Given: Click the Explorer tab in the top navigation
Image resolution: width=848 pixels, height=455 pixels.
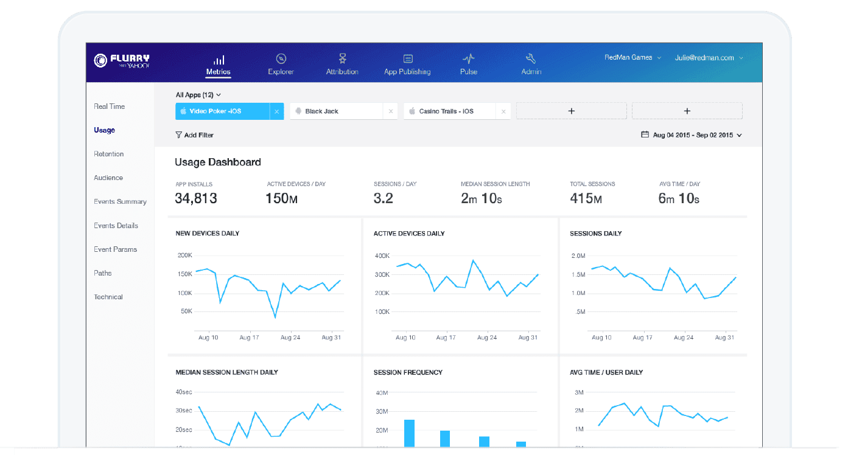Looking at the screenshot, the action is pyautogui.click(x=281, y=64).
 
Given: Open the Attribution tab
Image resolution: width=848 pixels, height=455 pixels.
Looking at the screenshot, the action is pyautogui.click(x=342, y=64).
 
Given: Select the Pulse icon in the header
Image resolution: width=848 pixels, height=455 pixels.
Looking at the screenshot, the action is pyautogui.click(x=468, y=58).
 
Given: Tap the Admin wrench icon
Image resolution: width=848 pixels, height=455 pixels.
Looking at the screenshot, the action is pyautogui.click(x=531, y=58).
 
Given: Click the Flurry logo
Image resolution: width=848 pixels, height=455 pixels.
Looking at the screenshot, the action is pyautogui.click(x=122, y=60).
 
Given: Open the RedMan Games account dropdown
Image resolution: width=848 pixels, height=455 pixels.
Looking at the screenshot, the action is pyautogui.click(x=632, y=58).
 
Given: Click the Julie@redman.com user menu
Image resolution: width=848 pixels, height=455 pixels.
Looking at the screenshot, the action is pyautogui.click(x=709, y=58).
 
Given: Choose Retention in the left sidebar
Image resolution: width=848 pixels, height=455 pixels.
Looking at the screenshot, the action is pyautogui.click(x=108, y=154).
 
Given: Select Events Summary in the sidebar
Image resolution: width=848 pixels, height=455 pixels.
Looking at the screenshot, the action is pyautogui.click(x=120, y=201).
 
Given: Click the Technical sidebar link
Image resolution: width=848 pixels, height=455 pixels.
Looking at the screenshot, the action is pyautogui.click(x=108, y=297).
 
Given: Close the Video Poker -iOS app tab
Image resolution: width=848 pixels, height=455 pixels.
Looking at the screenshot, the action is pyautogui.click(x=277, y=111).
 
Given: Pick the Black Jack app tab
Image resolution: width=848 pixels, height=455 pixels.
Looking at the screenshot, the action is pyautogui.click(x=337, y=111).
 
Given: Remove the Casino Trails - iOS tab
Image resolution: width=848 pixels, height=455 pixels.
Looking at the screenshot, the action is pyautogui.click(x=503, y=111).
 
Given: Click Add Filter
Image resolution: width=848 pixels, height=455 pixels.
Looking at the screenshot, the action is pyautogui.click(x=195, y=135).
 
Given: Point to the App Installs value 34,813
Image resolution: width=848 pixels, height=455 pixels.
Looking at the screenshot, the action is pyautogui.click(x=196, y=198).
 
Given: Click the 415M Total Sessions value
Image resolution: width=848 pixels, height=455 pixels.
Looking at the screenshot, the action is pyautogui.click(x=586, y=198).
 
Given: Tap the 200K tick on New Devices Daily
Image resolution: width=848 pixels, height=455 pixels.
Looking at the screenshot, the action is pyautogui.click(x=184, y=255).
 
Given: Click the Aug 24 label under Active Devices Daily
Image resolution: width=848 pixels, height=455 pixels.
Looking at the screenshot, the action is pyautogui.click(x=487, y=338).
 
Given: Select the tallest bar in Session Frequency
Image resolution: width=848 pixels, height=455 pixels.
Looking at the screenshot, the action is pyautogui.click(x=409, y=434).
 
